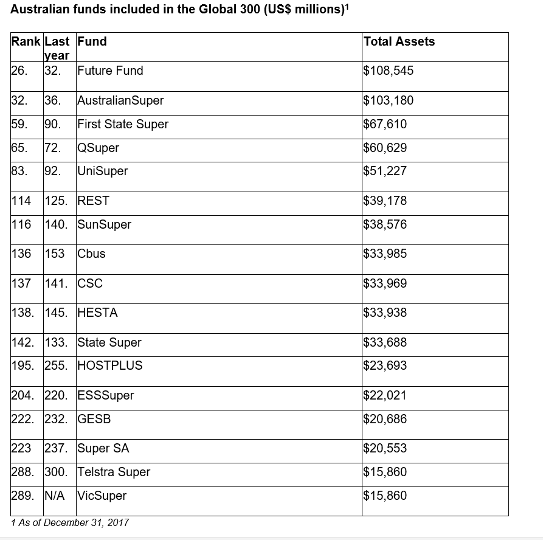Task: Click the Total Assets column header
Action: pos(399,41)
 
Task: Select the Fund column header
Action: pos(92,41)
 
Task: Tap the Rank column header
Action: pos(26,41)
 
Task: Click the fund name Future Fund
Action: pos(110,71)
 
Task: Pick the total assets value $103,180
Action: pos(388,100)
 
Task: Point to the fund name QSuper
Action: pos(98,148)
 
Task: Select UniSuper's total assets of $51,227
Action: pos(385,171)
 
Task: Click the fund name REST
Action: pos(94,201)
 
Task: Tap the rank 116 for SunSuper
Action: pos(21,224)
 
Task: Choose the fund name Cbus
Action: pos(91,254)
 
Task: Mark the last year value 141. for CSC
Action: pos(57,283)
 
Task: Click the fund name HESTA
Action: pos(97,313)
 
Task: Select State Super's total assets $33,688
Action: pos(385,342)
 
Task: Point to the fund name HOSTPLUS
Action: pos(109,365)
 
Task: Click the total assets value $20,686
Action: pos(385,419)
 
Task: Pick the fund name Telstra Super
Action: pos(114,472)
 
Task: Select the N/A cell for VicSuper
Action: pos(55,496)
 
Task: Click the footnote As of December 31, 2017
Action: pos(74,522)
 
